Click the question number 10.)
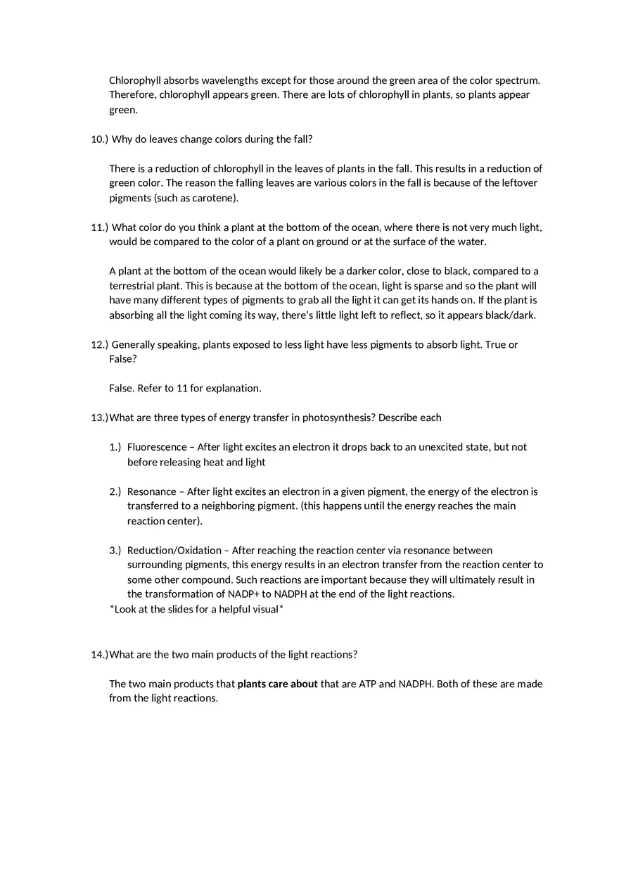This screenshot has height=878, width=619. [100, 139]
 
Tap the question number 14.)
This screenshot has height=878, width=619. [99, 655]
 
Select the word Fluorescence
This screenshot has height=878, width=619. [157, 447]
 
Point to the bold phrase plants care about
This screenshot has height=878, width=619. [277, 684]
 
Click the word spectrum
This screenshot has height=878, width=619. [517, 80]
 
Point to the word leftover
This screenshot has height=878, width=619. [516, 183]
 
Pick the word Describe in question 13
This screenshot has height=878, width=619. [398, 418]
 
